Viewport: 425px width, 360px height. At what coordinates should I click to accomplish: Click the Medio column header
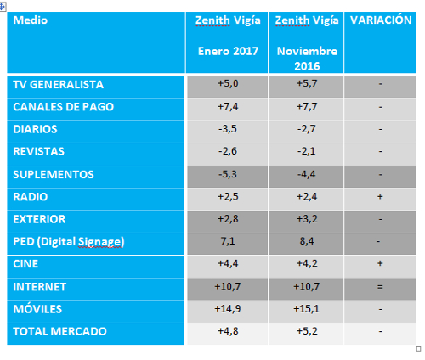31,20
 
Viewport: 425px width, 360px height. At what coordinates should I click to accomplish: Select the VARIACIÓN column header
381,20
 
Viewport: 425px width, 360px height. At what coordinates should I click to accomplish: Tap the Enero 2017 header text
228,51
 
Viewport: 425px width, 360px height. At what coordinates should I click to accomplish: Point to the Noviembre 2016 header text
307,59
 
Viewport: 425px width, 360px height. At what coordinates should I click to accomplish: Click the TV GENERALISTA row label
59,85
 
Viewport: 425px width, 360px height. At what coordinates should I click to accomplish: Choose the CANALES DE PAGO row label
64,107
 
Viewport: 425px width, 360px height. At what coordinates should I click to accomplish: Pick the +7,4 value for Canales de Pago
228,107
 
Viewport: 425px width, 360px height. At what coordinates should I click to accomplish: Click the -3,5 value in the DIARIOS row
228,129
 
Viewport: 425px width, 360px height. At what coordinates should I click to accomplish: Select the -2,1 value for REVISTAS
307,151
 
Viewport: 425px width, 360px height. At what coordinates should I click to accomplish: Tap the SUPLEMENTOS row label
54,174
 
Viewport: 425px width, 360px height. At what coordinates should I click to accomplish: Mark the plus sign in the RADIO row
380,196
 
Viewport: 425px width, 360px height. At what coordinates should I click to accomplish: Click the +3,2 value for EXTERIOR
307,219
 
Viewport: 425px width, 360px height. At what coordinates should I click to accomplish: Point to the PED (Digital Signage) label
69,242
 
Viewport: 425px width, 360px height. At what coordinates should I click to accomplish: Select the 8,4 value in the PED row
307,241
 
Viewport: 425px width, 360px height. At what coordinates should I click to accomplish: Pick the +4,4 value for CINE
228,263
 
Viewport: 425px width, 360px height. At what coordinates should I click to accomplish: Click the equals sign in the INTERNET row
380,287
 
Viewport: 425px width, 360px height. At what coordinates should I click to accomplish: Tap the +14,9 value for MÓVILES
228,309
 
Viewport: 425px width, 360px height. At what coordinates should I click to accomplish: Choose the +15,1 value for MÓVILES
307,309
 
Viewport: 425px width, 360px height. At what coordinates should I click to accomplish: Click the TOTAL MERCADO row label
59,331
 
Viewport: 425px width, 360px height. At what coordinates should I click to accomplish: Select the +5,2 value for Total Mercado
307,331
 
